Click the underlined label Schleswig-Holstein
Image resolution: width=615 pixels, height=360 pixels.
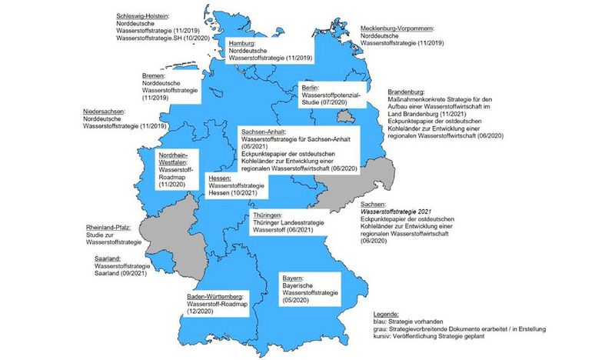143,15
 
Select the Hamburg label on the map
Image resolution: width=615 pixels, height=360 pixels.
243,43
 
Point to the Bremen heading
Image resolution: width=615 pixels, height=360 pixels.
156,75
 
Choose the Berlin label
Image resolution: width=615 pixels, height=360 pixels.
310,88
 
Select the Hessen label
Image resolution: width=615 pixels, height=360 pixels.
221,178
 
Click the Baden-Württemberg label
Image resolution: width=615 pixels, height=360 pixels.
214,296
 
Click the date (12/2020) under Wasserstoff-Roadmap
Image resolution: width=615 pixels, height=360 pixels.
202,312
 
